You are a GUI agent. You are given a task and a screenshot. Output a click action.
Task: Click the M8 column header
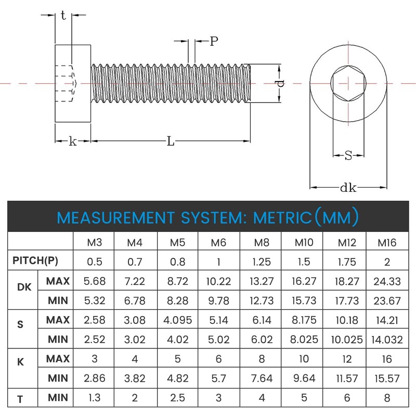(261, 242)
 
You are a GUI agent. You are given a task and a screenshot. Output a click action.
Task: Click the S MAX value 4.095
(177, 319)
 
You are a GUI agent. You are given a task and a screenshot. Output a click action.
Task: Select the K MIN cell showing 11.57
(345, 379)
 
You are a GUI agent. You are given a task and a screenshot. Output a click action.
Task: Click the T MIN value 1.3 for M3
(94, 398)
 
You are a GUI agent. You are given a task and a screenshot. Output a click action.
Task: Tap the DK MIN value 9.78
(219, 300)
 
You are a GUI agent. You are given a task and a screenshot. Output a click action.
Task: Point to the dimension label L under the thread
(170, 141)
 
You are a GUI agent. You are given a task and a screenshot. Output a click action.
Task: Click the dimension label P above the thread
(214, 42)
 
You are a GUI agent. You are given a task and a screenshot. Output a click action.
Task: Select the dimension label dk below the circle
(348, 188)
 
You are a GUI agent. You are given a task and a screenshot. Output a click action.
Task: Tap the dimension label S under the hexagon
(348, 155)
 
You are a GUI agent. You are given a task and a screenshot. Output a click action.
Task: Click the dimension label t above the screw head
(63, 16)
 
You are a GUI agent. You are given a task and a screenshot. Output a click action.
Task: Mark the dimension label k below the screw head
(73, 141)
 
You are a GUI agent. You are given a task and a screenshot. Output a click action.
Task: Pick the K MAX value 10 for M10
(302, 359)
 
